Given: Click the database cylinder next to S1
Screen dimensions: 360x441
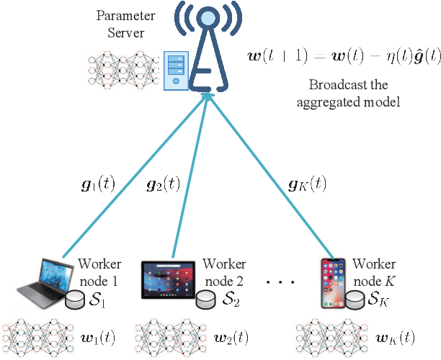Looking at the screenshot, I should pyautogui.click(x=74, y=300).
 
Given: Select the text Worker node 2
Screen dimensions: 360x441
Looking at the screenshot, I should pyautogui.click(x=225, y=271).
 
